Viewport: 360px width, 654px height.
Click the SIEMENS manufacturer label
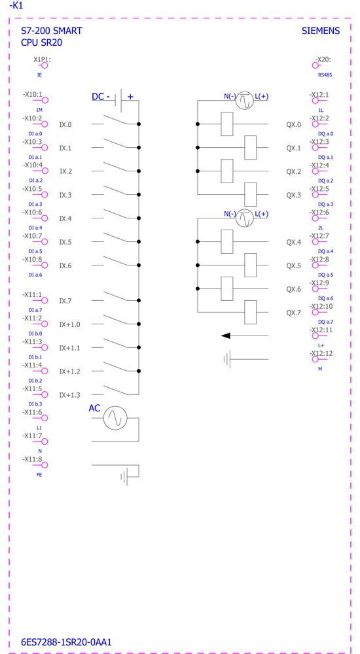point(320,31)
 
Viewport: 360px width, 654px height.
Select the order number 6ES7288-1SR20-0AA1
point(66,642)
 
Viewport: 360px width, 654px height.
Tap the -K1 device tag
point(16,6)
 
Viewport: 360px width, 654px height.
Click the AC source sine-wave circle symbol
point(115,417)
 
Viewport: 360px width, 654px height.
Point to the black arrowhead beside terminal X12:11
point(226,336)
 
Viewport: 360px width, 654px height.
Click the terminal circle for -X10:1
point(45,100)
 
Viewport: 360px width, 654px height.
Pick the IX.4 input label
point(65,218)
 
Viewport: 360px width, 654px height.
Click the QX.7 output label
point(293,313)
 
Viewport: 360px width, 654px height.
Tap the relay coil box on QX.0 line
point(226,124)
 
